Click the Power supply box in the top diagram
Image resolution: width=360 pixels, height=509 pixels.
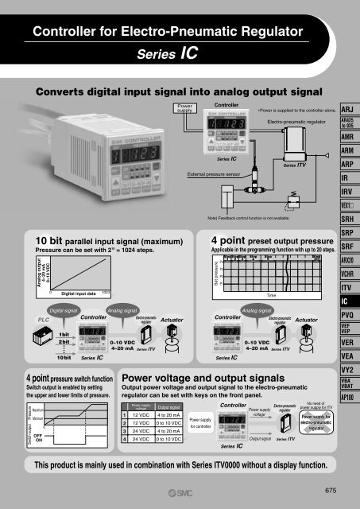188,108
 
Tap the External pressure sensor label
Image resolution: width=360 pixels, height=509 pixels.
214,171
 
